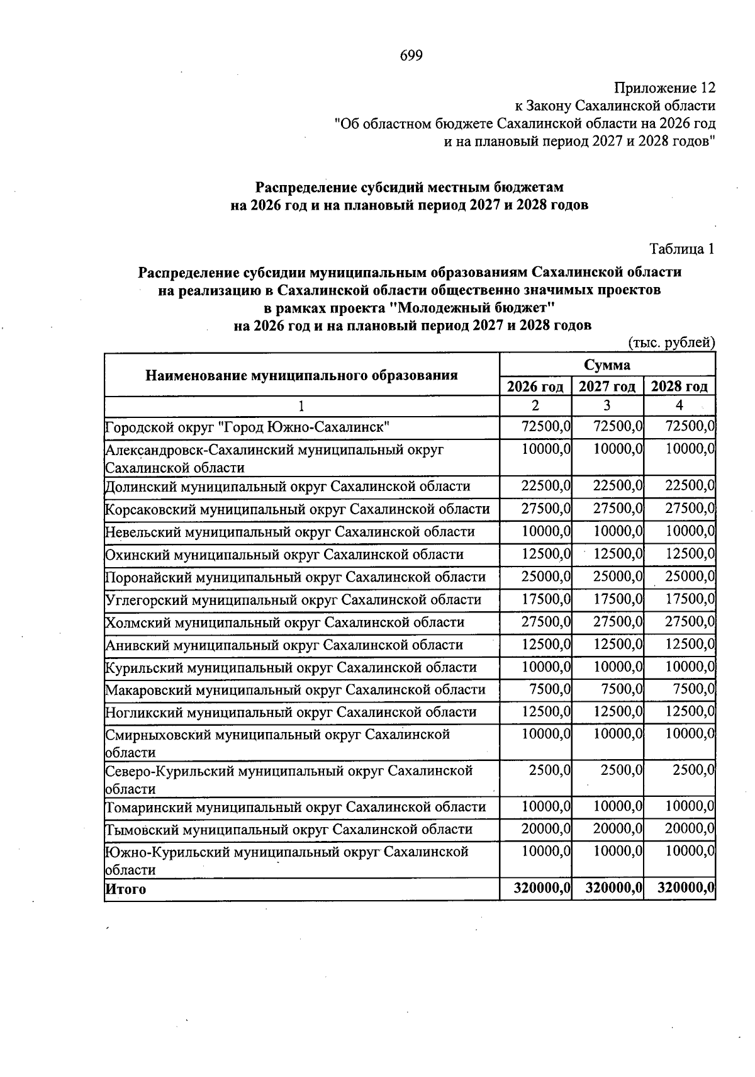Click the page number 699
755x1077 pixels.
411,56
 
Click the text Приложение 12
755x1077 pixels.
665,87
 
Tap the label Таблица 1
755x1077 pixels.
682,249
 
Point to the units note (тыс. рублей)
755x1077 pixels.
672,342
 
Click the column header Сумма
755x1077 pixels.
607,365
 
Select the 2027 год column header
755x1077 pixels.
607,386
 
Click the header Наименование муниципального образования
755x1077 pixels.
301,376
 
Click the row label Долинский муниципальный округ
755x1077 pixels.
288,487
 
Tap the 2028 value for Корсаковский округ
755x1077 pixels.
690,509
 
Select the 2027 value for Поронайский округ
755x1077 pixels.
618,577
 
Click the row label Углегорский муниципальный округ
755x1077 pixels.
293,600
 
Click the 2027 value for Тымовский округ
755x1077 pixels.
618,829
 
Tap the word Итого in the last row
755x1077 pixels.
125,889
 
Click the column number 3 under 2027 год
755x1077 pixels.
607,406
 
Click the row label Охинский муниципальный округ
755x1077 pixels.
284,555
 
